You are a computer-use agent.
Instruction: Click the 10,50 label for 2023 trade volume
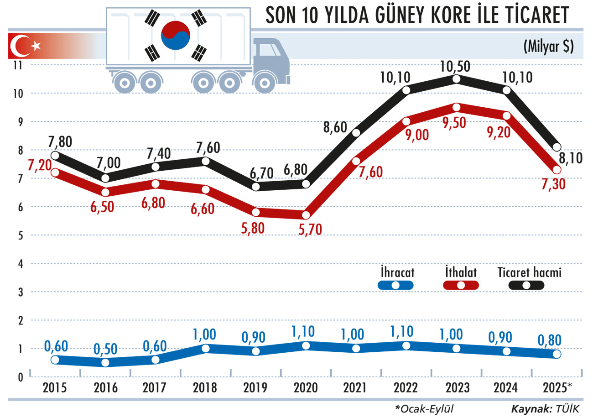[456, 67]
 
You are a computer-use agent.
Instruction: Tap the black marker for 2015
[55, 155]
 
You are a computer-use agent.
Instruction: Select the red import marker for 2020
[306, 215]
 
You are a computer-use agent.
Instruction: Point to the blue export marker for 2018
[205, 349]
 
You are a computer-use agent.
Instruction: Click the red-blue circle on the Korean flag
[175, 35]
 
